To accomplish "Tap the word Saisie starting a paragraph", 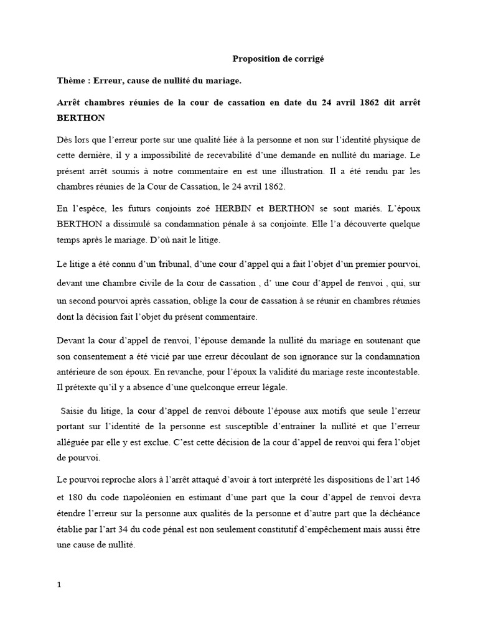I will [74, 410].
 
